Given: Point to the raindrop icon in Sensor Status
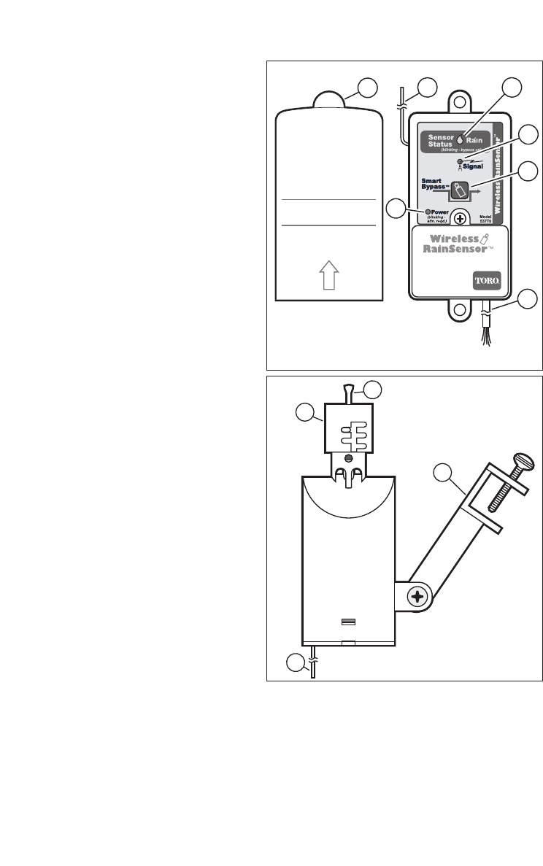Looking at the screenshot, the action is coord(460,136).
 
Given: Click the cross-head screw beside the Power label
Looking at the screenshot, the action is coord(461,217).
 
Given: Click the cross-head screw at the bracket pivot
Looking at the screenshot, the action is coord(417,598).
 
